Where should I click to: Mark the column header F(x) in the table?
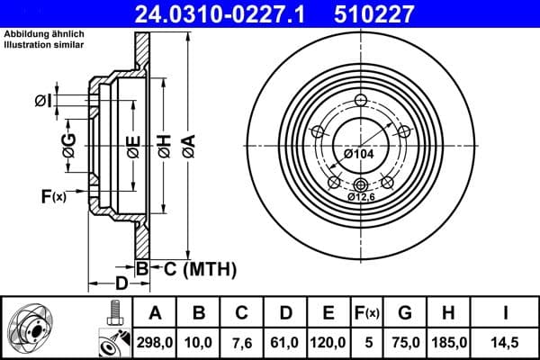point(367,313)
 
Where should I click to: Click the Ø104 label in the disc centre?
point(357,154)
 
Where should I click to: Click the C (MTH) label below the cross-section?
point(200,268)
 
